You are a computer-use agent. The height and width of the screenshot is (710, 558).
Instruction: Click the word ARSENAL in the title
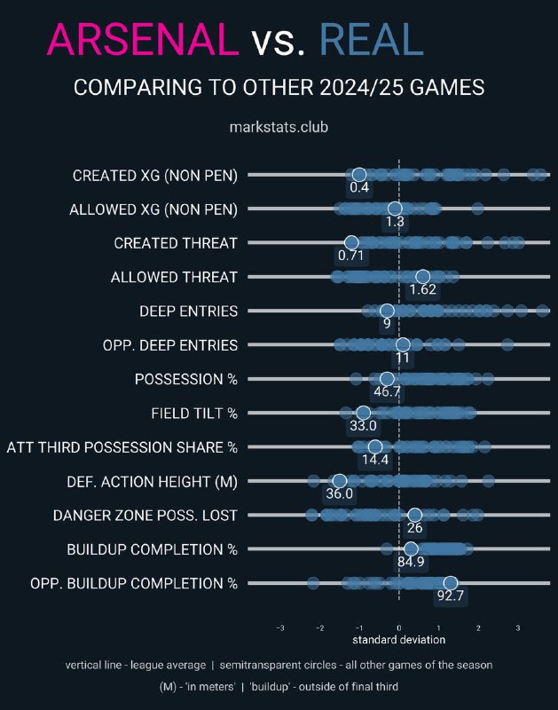click(x=143, y=39)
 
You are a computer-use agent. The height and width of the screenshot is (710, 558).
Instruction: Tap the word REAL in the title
click(x=372, y=39)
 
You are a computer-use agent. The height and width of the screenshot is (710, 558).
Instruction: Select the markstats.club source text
click(x=279, y=127)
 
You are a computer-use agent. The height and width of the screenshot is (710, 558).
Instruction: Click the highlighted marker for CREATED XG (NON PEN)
click(x=359, y=174)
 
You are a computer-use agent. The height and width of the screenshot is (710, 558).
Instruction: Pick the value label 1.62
click(x=422, y=289)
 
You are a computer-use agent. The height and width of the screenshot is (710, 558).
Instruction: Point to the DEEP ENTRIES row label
click(x=188, y=312)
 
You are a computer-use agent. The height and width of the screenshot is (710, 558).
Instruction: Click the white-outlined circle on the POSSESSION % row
click(x=387, y=379)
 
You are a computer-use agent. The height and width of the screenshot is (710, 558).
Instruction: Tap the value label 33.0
click(x=363, y=426)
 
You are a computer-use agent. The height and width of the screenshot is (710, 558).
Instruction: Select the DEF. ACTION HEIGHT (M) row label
click(x=152, y=482)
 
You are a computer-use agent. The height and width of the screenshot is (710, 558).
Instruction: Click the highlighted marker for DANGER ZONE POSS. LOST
click(x=414, y=515)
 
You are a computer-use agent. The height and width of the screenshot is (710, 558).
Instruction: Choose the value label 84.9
click(x=411, y=562)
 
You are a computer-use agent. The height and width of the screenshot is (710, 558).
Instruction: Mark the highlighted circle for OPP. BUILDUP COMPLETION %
click(x=451, y=583)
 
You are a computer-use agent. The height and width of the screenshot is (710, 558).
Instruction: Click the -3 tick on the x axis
click(x=280, y=628)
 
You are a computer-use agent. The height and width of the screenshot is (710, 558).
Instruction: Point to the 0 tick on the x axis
click(x=398, y=628)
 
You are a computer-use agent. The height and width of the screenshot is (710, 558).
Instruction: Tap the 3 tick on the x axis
click(x=518, y=628)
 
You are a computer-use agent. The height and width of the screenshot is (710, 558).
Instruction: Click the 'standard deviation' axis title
click(x=398, y=640)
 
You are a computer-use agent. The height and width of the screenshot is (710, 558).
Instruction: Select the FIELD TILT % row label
click(x=194, y=414)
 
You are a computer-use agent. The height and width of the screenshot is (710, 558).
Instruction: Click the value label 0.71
click(x=350, y=256)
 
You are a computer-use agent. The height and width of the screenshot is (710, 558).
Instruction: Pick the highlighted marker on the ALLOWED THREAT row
click(x=422, y=277)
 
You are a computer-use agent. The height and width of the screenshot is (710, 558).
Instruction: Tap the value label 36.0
click(x=340, y=493)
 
